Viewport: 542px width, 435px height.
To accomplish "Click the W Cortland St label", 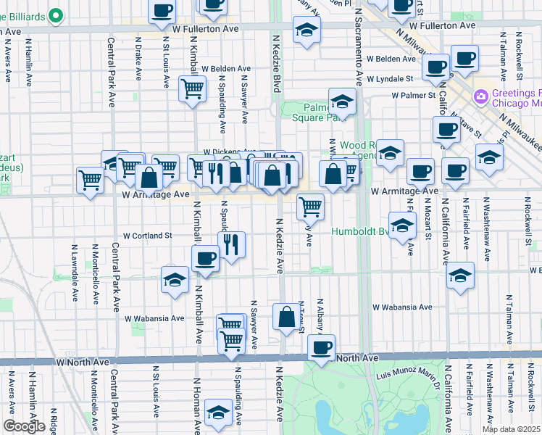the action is click(x=147, y=236).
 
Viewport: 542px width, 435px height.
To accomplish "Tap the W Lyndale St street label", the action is click(x=389, y=78).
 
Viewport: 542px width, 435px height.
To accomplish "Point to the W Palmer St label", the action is click(x=412, y=95).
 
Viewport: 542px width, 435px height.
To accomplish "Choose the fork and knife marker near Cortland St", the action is click(x=231, y=244).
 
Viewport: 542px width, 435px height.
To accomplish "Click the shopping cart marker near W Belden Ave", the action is click(x=192, y=88).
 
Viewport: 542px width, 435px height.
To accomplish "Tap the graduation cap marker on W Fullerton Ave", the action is click(x=307, y=30).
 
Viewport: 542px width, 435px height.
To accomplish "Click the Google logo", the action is click(x=23, y=426).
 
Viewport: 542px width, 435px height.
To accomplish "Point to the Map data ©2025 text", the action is click(x=513, y=429).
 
